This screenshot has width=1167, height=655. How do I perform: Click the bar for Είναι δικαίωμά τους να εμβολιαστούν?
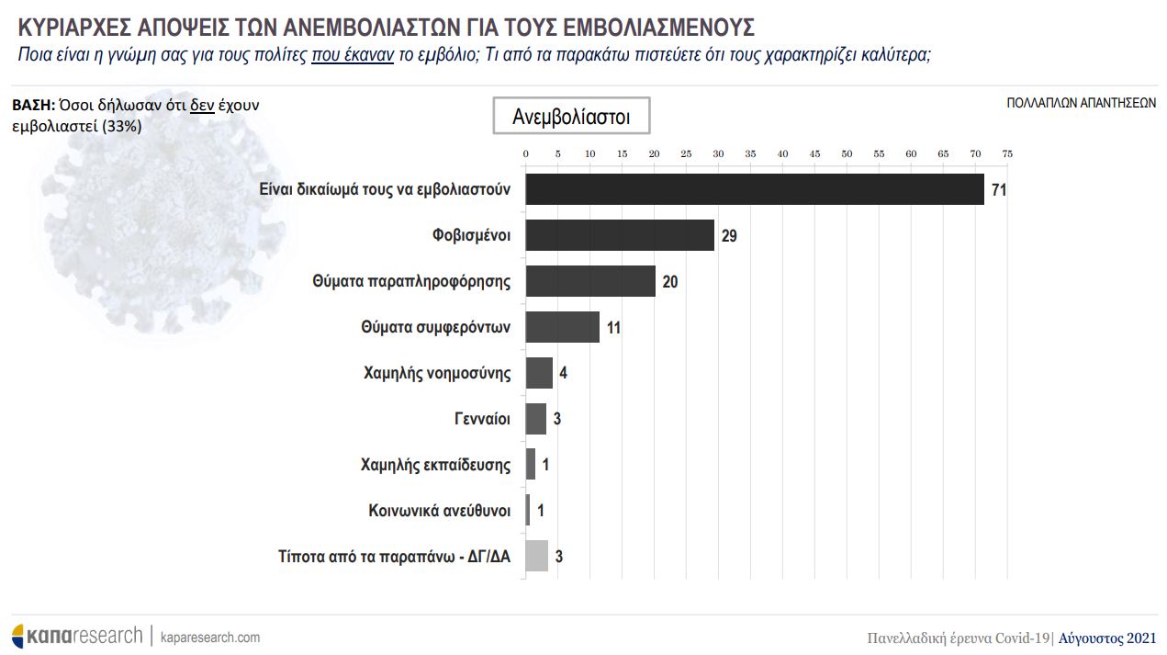(x=754, y=189)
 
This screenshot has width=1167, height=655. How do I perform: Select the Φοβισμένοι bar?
(x=620, y=235)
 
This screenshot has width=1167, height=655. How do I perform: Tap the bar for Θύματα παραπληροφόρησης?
(x=590, y=281)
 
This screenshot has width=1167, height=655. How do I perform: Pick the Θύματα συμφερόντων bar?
(x=562, y=327)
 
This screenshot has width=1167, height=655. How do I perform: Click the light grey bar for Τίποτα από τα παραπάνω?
(x=536, y=556)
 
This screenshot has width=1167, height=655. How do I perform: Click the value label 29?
(x=729, y=236)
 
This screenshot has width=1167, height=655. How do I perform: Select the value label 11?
(x=614, y=328)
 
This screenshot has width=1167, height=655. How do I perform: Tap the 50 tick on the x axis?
(x=847, y=153)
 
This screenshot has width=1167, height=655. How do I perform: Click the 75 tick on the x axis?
(x=1007, y=153)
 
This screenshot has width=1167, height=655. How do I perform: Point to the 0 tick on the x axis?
(x=525, y=153)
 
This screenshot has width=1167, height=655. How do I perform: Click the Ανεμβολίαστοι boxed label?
(x=571, y=117)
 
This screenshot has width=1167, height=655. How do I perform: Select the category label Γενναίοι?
(x=482, y=419)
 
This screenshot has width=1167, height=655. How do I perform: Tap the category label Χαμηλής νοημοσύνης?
(x=437, y=373)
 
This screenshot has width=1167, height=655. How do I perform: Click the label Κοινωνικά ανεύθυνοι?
(x=440, y=510)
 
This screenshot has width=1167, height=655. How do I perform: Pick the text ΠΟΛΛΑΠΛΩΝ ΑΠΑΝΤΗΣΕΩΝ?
(x=1081, y=104)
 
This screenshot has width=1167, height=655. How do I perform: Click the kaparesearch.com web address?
(x=210, y=637)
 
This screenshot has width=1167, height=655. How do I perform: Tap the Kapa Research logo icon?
(x=17, y=636)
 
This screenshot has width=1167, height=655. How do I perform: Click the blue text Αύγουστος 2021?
(x=1107, y=638)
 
